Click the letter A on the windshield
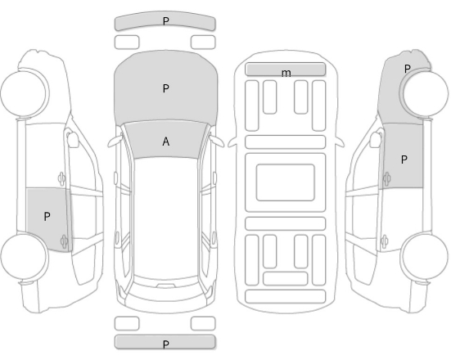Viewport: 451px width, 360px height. tap(165, 142)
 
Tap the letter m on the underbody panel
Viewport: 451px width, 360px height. tap(286, 73)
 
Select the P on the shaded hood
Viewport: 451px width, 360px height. tap(165, 88)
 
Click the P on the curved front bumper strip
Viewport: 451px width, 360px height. tap(165, 21)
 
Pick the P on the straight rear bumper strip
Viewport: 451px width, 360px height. tap(165, 344)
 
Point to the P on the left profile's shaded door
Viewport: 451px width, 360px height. tap(47, 216)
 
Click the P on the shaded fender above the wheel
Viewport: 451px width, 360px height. tap(407, 69)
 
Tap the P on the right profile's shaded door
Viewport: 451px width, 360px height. tap(404, 160)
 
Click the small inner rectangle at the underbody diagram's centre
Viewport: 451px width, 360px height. tap(286, 182)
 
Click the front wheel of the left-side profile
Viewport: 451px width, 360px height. tap(23, 93)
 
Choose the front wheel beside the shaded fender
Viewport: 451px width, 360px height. tap(426, 93)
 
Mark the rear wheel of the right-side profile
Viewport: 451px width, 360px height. tap(424, 256)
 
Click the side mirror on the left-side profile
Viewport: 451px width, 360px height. tap(73, 139)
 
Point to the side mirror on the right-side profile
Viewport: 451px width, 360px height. tap(376, 139)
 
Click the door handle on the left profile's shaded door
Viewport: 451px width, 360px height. tap(64, 241)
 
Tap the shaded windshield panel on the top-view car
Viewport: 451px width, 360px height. tap(165, 141)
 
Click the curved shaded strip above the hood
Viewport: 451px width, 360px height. tap(165, 21)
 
